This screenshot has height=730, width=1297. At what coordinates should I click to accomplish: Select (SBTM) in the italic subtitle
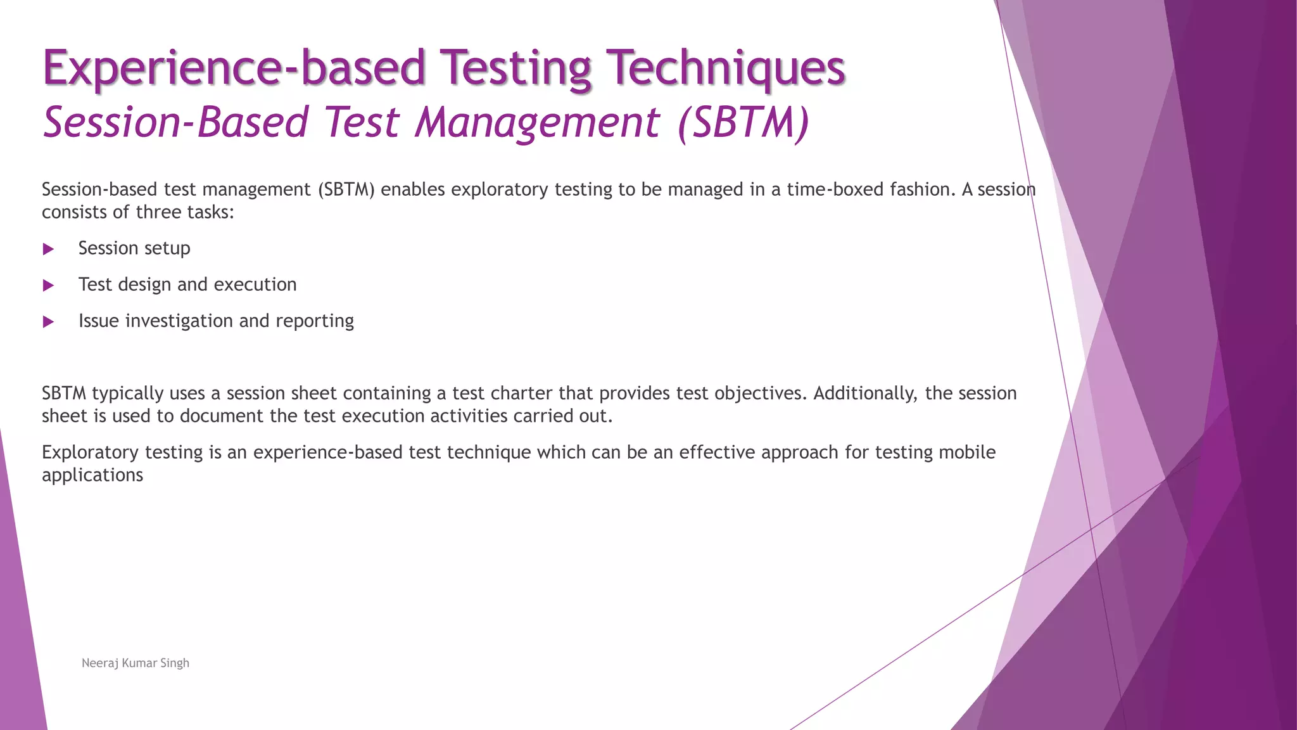pyautogui.click(x=743, y=122)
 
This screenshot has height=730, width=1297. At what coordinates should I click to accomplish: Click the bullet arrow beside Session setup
pyautogui.click(x=48, y=249)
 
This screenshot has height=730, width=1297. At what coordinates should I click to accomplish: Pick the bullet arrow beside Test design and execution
pyautogui.click(x=48, y=285)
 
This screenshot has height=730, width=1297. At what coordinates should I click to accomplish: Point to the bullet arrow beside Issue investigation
pyautogui.click(x=48, y=322)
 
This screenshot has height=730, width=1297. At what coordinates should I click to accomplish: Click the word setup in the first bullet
pyautogui.click(x=167, y=248)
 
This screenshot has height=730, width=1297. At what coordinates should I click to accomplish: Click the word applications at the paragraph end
pyautogui.click(x=92, y=475)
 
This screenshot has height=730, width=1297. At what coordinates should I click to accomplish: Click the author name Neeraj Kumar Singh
pyautogui.click(x=136, y=663)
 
